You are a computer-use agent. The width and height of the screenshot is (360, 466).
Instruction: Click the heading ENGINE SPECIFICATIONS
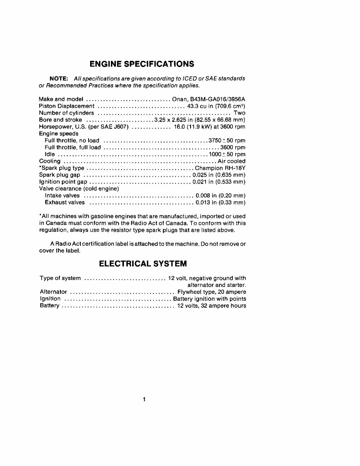pos(142,64)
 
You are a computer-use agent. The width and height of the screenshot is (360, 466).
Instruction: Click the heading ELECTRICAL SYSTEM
pos(143,264)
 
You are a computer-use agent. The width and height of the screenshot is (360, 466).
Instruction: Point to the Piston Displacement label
pos(67,106)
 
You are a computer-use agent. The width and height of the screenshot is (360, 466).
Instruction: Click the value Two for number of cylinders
pos(239,113)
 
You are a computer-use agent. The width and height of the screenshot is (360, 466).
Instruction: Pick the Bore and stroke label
pos(60,120)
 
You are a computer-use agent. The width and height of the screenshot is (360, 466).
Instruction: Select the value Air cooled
pos(231,161)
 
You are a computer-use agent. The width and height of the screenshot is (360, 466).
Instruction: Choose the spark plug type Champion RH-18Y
pos(220,168)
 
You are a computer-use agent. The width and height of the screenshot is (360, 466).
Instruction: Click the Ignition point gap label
pos(63,182)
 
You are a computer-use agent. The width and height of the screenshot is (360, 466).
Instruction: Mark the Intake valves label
pos(62,196)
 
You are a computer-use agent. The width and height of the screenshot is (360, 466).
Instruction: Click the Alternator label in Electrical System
pos(54,292)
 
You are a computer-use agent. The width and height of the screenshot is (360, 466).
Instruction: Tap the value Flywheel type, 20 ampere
pos(211,292)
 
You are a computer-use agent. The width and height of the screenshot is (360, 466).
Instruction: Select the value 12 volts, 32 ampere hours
pos(211,306)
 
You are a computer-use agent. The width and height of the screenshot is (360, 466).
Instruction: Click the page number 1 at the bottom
pos(144,399)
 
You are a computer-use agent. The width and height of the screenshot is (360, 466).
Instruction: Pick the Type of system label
pos(60,278)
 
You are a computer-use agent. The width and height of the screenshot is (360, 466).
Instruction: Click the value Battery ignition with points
pos(210,299)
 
